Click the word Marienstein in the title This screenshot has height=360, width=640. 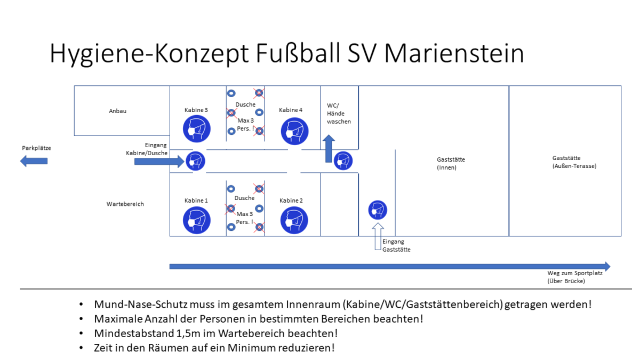pos(454,53)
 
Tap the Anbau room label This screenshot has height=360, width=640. pos(117,111)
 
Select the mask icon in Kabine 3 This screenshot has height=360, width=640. pos(197,129)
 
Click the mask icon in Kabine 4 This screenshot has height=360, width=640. pos(294,131)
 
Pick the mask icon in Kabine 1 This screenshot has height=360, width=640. pos(197,220)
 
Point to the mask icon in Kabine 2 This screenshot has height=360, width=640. pos(294,220)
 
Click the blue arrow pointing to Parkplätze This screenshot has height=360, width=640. pos(34,161)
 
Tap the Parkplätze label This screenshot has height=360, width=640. pos(36,148)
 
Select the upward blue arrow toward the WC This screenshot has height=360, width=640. pos(329,149)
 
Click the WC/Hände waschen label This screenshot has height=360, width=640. pos(339,114)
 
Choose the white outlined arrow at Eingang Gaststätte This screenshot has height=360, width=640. pos(378,237)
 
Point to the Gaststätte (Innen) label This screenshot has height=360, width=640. pos(451,163)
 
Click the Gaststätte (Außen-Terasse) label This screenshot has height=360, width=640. pos(574,162)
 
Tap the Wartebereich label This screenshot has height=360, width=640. pos(125,204)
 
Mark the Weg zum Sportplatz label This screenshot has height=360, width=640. pos(575,277)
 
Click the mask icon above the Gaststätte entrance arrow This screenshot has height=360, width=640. pos(378,210)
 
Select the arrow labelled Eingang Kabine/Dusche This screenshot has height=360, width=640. pos(159,162)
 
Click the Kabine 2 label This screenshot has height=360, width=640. pos(291,201)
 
